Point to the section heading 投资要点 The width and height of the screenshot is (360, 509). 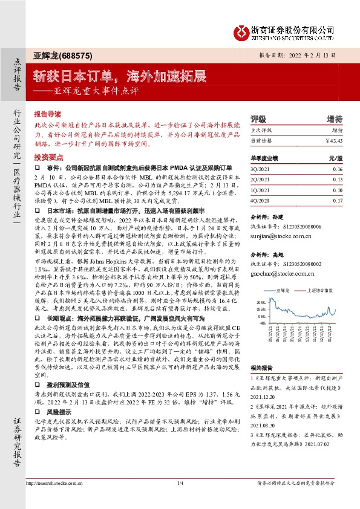click(47, 157)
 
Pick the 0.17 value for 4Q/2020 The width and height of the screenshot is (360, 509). click(338, 199)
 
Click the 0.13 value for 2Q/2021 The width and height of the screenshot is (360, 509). click(338, 180)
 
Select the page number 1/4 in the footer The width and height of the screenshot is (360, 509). click(180, 500)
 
